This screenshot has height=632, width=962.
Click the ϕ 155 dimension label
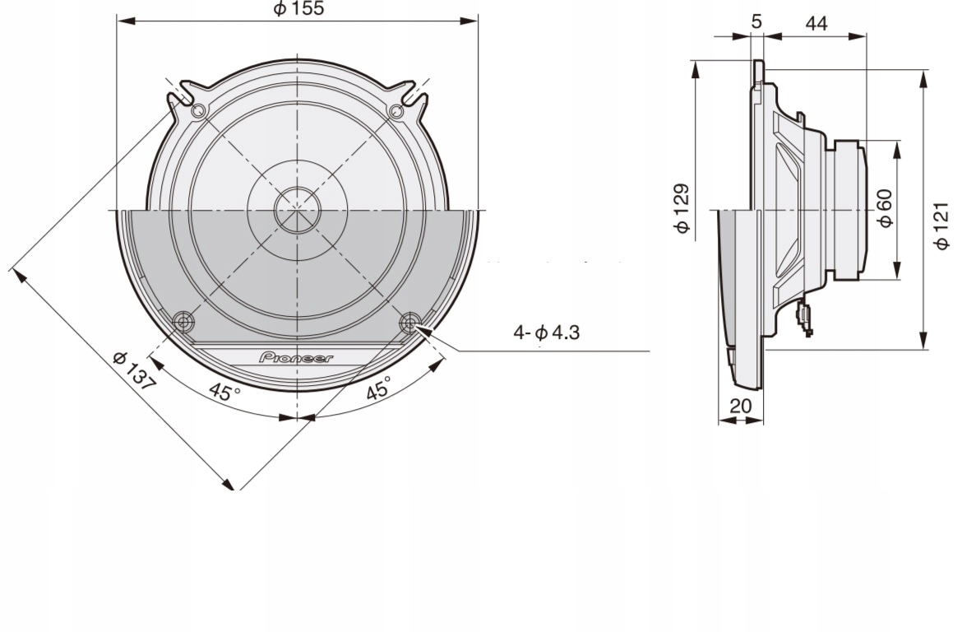pos(298,9)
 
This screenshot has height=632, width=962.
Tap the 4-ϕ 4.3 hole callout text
pos(546,333)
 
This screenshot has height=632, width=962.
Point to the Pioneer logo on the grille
pos(297,358)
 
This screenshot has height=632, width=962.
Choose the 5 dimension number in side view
pos(756,22)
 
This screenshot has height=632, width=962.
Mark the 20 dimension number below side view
pos(741,406)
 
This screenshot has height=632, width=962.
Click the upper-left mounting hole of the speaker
pos(198,111)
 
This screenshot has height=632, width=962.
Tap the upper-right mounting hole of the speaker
pos(396,111)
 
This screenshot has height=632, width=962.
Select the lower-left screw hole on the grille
pos(183,320)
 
